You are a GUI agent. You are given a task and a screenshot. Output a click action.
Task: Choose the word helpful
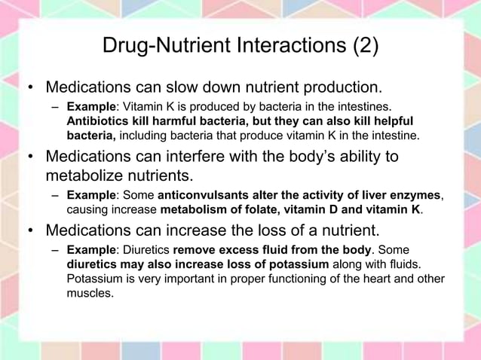coord(388,121)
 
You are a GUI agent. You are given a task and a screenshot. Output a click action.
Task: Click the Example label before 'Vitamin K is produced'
coord(90,108)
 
